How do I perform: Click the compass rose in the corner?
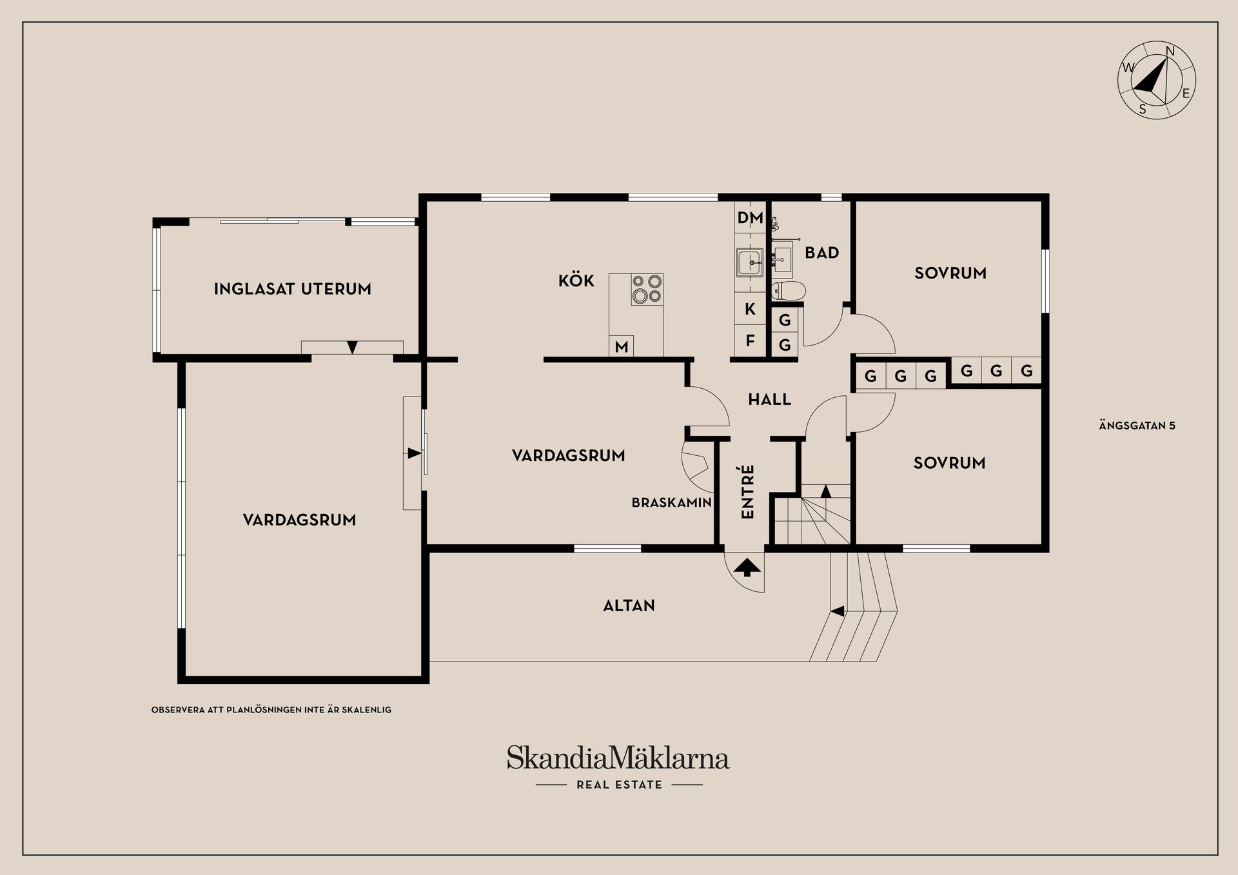coord(1156,80)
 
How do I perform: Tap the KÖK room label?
coord(576,280)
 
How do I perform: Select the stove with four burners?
coord(647,290)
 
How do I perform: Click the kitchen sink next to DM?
coord(750,263)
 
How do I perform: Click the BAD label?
coord(821,253)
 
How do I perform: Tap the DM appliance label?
coord(750,218)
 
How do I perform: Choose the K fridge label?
coord(750,309)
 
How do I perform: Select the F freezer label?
coord(750,340)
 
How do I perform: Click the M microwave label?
coord(621,347)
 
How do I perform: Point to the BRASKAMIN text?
coord(671,502)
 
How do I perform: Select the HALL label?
coord(769,400)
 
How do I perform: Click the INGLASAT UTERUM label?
coord(293,289)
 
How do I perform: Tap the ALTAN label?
coord(629,605)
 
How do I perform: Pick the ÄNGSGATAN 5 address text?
coord(1137,426)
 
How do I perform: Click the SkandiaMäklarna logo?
coord(618,758)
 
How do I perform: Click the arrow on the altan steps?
coord(838,611)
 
